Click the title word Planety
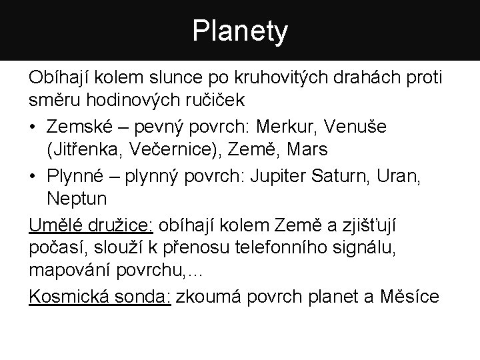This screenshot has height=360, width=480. [x=240, y=30]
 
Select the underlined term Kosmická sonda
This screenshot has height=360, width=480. [x=100, y=295]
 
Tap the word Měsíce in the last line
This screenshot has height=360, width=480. [x=411, y=295]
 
